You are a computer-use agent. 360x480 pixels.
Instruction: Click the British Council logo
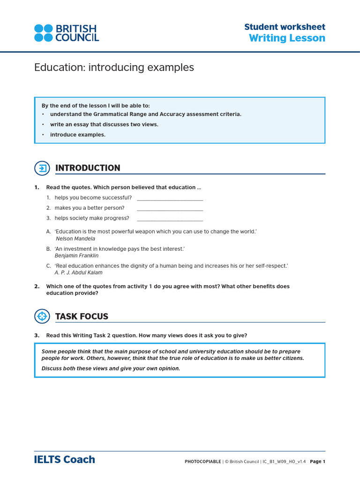click(66, 33)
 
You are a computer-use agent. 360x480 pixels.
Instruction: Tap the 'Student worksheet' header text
click(285, 27)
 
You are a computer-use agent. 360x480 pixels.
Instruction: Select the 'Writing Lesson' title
click(287, 38)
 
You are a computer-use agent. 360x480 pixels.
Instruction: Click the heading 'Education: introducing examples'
click(114, 67)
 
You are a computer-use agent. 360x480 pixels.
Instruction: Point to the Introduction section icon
click(42, 168)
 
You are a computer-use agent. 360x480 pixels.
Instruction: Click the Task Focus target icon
click(42, 316)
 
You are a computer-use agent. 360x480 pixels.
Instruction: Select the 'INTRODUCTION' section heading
click(88, 168)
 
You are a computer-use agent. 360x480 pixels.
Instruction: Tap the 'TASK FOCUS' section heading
click(82, 316)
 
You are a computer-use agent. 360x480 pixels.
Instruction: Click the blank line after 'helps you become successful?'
click(170, 199)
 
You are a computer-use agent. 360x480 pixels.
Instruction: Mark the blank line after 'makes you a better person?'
click(170, 209)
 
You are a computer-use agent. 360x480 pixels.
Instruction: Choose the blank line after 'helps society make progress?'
click(170, 219)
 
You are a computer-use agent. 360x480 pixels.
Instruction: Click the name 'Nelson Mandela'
click(75, 239)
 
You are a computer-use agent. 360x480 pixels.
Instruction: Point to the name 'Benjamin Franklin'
click(76, 256)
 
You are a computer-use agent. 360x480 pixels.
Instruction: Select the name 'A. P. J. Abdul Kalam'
click(78, 273)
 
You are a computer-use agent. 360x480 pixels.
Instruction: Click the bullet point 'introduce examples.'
click(78, 135)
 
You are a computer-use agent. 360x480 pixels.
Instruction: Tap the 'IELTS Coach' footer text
click(65, 460)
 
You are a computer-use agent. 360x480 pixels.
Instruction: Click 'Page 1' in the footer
click(317, 462)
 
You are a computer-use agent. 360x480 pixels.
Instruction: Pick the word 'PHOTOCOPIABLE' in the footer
click(203, 462)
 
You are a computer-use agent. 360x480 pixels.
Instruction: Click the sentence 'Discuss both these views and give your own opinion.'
click(111, 368)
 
